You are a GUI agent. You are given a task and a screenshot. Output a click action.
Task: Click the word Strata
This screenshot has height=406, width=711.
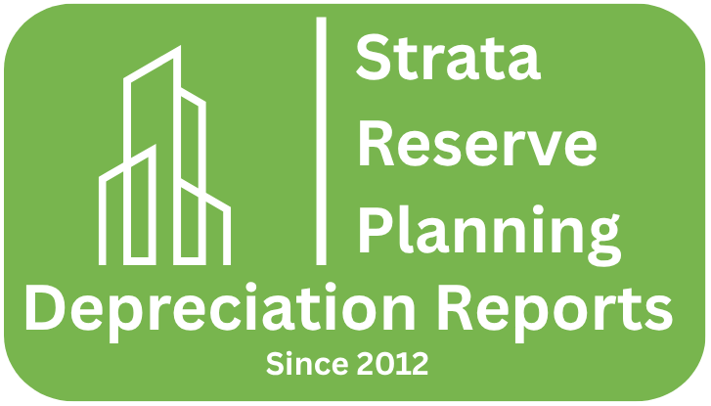pyautogui.click(x=448, y=58)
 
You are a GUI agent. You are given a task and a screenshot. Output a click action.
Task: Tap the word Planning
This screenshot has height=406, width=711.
pyautogui.click(x=487, y=230)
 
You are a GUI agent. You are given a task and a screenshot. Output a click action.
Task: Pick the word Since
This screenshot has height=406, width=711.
pyautogui.click(x=299, y=365)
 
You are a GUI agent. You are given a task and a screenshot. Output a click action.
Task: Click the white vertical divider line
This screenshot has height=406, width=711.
pyautogui.click(x=321, y=139)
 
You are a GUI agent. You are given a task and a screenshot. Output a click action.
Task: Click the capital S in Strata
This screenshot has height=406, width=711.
pyautogui.click(x=373, y=58)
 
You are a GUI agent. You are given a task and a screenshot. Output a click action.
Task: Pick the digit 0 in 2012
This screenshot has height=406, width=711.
pyautogui.click(x=383, y=365)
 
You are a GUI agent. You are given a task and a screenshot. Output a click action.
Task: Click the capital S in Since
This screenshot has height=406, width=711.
pyautogui.click(x=274, y=365)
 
